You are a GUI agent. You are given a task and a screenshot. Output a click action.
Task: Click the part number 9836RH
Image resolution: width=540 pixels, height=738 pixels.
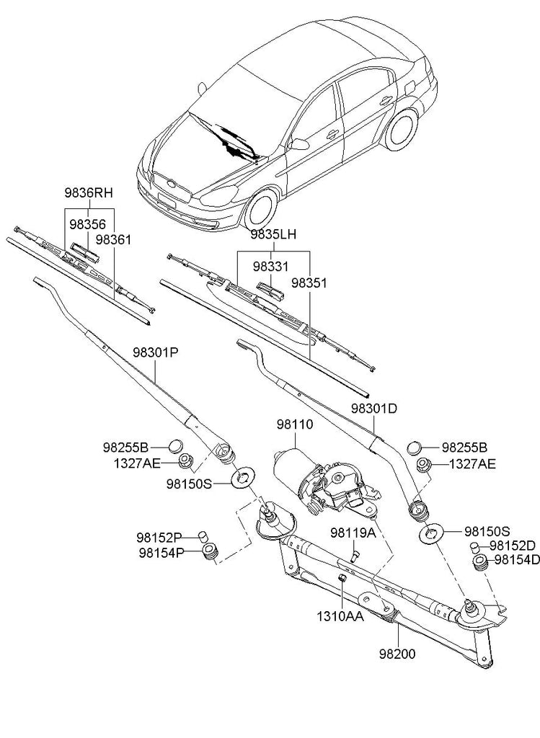click(89, 193)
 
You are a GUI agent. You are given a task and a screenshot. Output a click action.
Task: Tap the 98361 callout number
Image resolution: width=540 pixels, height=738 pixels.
click(113, 239)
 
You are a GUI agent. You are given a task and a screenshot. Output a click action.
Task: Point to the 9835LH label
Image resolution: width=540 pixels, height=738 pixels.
click(274, 235)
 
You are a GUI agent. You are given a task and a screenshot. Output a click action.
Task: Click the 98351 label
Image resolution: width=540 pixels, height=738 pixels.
click(309, 283)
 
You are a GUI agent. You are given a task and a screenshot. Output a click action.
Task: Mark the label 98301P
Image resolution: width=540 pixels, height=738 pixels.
click(155, 352)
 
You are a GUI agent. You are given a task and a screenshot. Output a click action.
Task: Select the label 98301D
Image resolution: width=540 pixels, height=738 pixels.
click(374, 409)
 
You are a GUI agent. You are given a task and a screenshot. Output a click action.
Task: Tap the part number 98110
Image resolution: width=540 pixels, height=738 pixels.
click(294, 425)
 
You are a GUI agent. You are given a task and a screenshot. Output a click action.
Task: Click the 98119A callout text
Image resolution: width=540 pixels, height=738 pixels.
click(354, 533)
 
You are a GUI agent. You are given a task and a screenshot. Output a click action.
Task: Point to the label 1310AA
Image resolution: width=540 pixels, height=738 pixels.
click(340, 618)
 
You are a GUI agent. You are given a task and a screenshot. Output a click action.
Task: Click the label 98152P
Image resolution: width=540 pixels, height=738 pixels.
click(159, 537)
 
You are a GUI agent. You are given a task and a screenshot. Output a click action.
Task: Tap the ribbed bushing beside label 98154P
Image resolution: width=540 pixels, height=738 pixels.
click(210, 555)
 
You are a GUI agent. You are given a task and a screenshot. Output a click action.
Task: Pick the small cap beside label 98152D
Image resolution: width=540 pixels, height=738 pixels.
click(477, 546)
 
